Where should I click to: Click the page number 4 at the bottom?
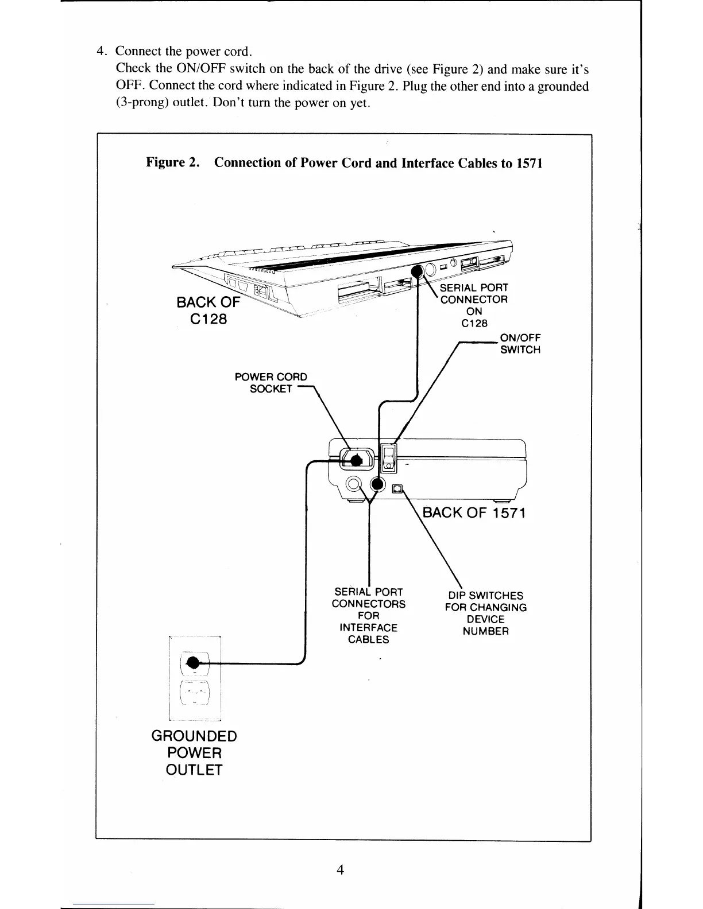click(x=341, y=870)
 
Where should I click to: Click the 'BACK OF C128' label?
click(x=208, y=310)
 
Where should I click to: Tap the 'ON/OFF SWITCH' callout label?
click(x=520, y=343)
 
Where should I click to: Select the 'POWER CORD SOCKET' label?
click(x=271, y=383)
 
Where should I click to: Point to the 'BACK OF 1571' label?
click(x=474, y=512)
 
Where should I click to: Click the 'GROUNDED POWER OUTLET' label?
click(x=194, y=753)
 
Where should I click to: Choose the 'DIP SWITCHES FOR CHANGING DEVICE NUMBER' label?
click(x=485, y=613)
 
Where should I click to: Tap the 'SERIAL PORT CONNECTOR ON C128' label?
click(x=474, y=305)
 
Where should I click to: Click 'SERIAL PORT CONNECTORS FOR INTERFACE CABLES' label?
click(x=368, y=615)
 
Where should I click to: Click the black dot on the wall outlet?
click(x=194, y=663)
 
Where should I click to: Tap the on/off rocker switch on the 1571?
click(x=389, y=458)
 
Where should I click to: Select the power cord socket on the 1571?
click(x=356, y=459)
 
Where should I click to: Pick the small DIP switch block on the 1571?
click(x=397, y=488)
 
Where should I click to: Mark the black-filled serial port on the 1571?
click(x=377, y=485)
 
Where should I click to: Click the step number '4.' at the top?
click(x=103, y=50)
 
